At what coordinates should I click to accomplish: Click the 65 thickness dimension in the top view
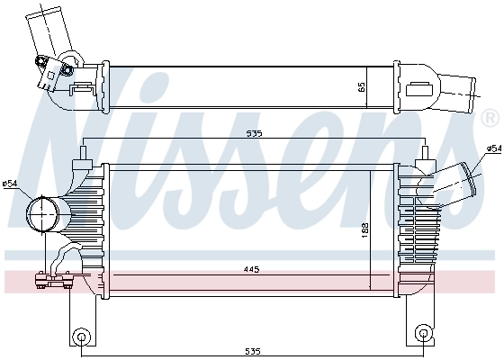tap(362, 88)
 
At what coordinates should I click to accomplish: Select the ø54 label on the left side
tap(10, 184)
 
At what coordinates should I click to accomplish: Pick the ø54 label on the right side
tap(493, 148)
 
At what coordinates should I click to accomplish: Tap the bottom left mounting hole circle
tap(81, 338)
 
